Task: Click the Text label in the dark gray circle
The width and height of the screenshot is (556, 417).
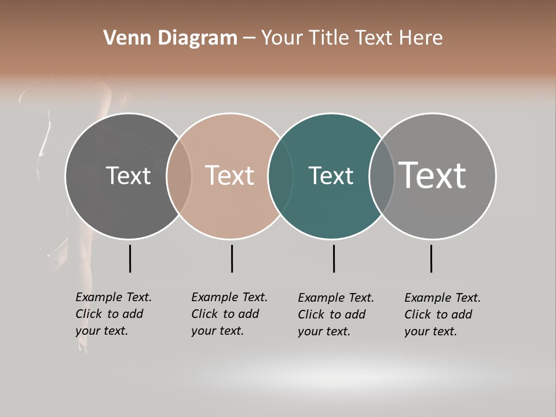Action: click(128, 175)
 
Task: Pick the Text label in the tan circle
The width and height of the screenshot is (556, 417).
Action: click(230, 175)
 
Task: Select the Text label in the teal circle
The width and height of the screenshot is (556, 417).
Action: click(331, 175)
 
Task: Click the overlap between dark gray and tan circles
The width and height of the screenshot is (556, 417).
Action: click(179, 176)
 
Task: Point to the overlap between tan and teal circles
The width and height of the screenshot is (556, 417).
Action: click(280, 176)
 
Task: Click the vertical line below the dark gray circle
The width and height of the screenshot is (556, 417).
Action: click(130, 258)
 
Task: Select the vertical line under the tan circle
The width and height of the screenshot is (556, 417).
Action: click(232, 258)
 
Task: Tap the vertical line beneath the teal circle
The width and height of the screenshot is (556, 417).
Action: click(334, 258)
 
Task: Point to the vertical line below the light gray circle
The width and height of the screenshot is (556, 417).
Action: click(431, 258)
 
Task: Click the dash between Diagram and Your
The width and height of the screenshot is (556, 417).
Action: click(249, 38)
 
